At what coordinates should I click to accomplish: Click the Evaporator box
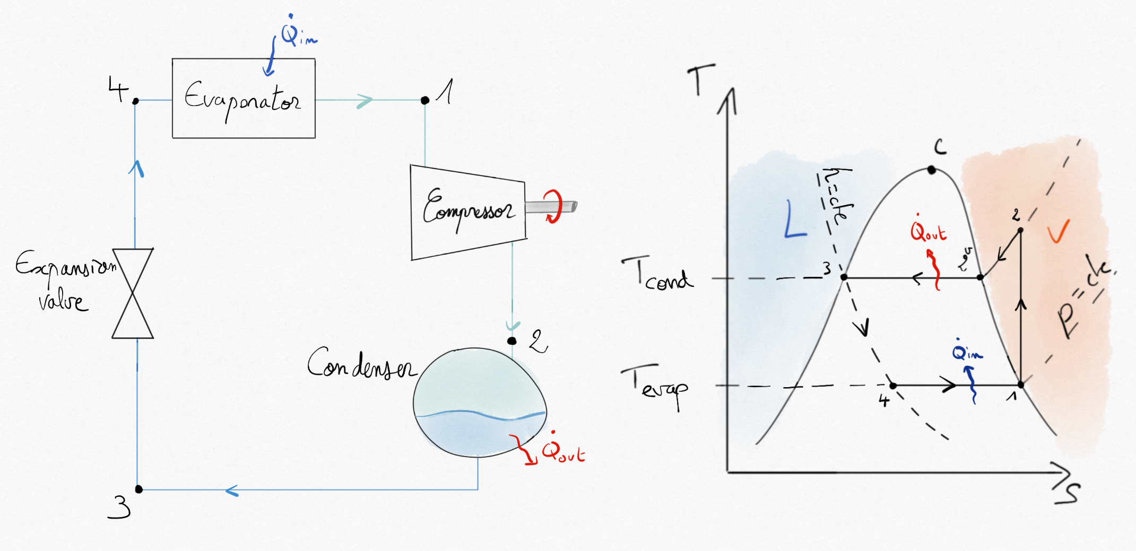pyautogui.click(x=244, y=99)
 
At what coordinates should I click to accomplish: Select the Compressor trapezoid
pyautogui.click(x=468, y=212)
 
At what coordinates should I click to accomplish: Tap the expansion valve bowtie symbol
pyautogui.click(x=133, y=293)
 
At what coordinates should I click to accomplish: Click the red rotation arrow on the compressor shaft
pyautogui.click(x=553, y=206)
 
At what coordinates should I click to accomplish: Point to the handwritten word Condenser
pyautogui.click(x=361, y=364)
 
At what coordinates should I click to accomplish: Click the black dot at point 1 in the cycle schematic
pyautogui.click(x=424, y=100)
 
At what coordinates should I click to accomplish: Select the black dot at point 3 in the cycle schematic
pyautogui.click(x=138, y=489)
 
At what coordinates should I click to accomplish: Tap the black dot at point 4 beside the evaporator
pyautogui.click(x=135, y=101)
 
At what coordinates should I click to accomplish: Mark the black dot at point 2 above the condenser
pyautogui.click(x=511, y=340)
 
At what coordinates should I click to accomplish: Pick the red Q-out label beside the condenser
pyautogui.click(x=562, y=452)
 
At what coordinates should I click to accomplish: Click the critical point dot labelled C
pyautogui.click(x=932, y=170)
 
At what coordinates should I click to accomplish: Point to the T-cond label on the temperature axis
pyautogui.click(x=658, y=273)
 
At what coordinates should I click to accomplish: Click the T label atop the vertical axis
pyautogui.click(x=701, y=80)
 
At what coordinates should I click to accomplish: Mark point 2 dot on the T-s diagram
pyautogui.click(x=1020, y=230)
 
